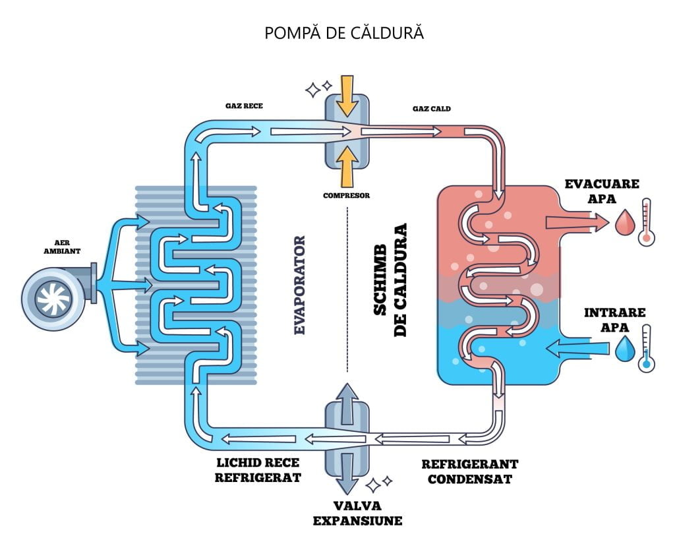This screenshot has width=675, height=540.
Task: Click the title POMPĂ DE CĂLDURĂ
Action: pos(343,33)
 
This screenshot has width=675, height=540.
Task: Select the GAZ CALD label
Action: pos(431,108)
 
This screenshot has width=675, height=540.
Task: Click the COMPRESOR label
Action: pos(346,195)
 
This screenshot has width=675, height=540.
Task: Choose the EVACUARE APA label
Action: pos(602,191)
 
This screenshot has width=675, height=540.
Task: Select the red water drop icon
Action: pos(623,222)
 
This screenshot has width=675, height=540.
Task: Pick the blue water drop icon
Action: pos(623,349)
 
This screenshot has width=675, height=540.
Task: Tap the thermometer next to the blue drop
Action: pos(646,349)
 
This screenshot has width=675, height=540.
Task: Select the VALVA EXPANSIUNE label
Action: pos(357,514)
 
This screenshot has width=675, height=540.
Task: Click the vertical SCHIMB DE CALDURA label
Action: pos(390,280)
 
